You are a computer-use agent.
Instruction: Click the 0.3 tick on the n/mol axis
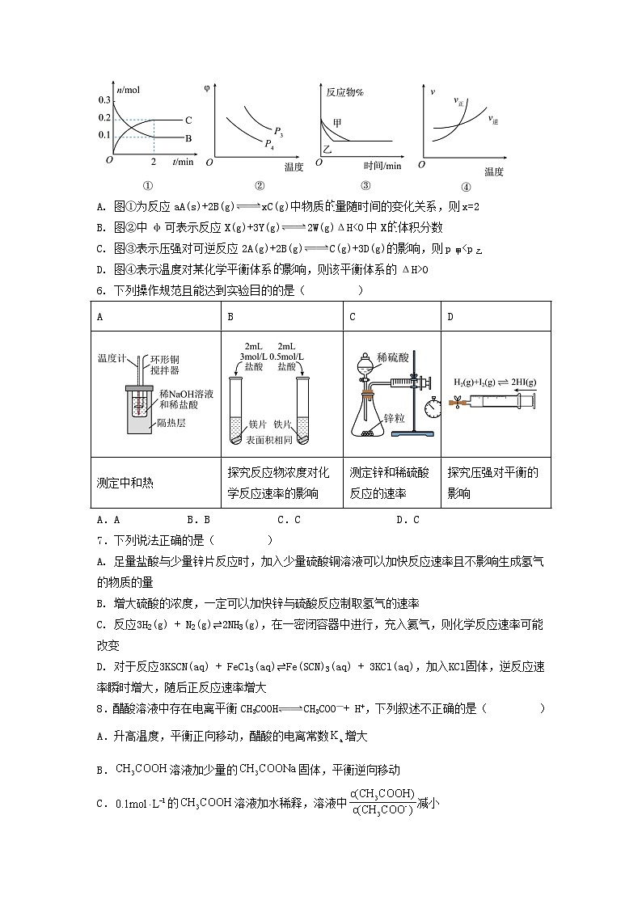click(x=104, y=99)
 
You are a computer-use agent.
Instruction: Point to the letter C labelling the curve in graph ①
click(x=188, y=120)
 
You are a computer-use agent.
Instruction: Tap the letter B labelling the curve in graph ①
click(x=188, y=138)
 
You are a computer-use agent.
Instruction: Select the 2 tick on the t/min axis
click(x=154, y=162)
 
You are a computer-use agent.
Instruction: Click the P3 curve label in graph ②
click(x=277, y=130)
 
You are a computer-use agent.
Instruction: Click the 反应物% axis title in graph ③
click(x=344, y=92)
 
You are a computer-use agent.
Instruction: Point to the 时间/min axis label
click(x=382, y=166)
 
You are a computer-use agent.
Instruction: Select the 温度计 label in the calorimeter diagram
click(x=110, y=357)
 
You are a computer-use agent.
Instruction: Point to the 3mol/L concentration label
click(x=256, y=357)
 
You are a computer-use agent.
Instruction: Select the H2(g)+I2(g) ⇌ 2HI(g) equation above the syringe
click(x=496, y=382)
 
